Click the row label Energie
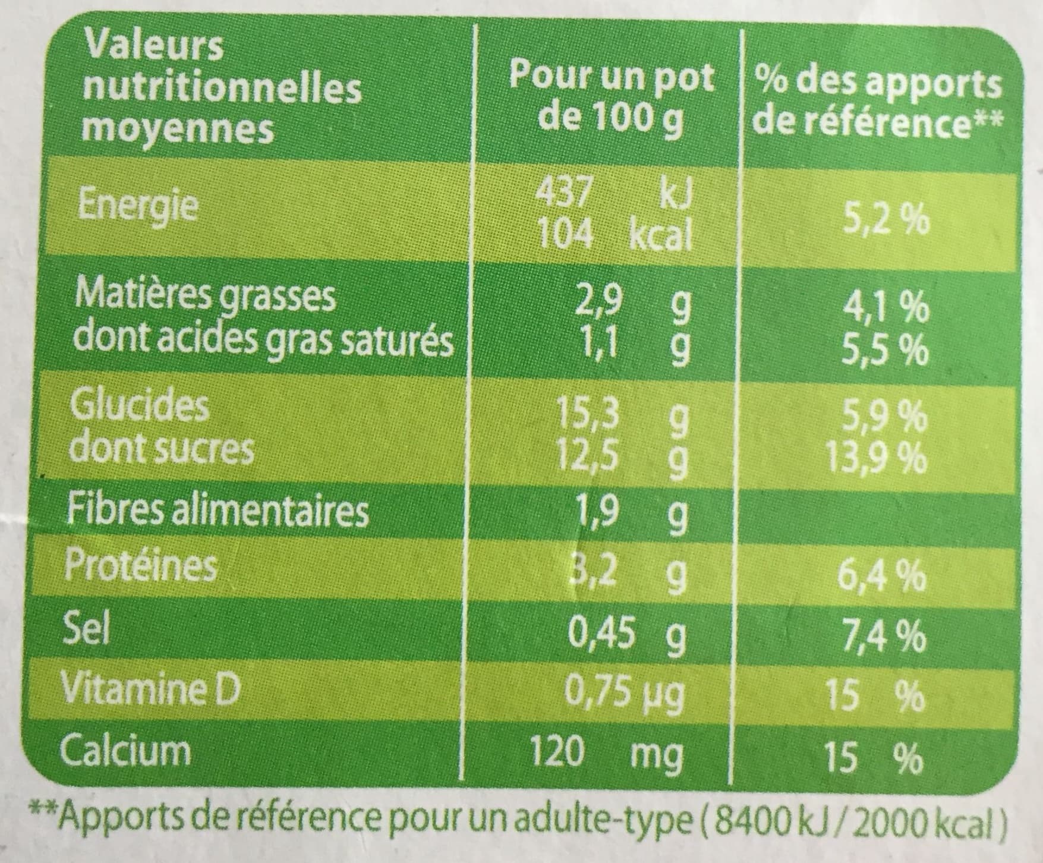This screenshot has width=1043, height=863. pyautogui.click(x=138, y=205)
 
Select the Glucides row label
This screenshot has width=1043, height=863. pyautogui.click(x=140, y=406)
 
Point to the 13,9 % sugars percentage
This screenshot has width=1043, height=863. pyautogui.click(x=877, y=458)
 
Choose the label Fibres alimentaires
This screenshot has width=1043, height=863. pyautogui.click(x=218, y=511)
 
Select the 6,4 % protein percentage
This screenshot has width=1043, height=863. pyautogui.click(x=884, y=575)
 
